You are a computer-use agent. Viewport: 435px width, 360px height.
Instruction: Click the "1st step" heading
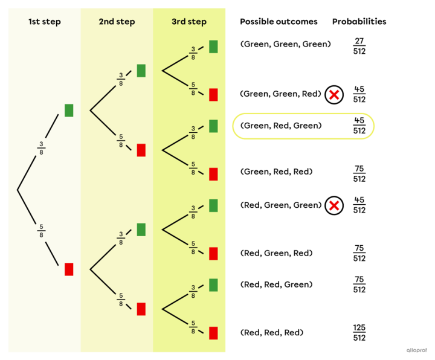45,22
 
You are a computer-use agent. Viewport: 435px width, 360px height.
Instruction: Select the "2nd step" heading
117,22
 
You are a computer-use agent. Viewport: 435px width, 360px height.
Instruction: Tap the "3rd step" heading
188,22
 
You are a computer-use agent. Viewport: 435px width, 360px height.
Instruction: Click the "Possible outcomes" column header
279,22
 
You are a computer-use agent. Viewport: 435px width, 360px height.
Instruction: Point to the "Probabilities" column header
359,22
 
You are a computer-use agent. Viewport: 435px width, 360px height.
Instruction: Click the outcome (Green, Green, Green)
285,44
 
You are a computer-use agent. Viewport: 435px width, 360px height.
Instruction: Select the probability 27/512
359,46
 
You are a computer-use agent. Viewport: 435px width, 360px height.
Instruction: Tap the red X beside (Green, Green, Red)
334,95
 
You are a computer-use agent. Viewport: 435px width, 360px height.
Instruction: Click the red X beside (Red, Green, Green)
334,206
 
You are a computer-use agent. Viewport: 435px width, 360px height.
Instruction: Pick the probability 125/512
359,333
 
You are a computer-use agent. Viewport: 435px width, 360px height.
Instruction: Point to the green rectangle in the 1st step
69,110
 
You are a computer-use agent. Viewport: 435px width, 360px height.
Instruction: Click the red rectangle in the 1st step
69,269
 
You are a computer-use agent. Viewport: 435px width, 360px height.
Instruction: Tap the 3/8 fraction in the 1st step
42,147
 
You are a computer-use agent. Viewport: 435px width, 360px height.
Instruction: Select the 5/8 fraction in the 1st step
42,231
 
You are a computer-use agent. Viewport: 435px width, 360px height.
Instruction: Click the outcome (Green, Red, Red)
277,172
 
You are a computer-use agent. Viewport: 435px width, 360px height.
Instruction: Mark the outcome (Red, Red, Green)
277,284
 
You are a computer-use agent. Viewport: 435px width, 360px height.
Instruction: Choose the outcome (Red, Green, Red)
277,253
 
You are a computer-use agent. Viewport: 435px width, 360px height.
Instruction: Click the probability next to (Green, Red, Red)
359,174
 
